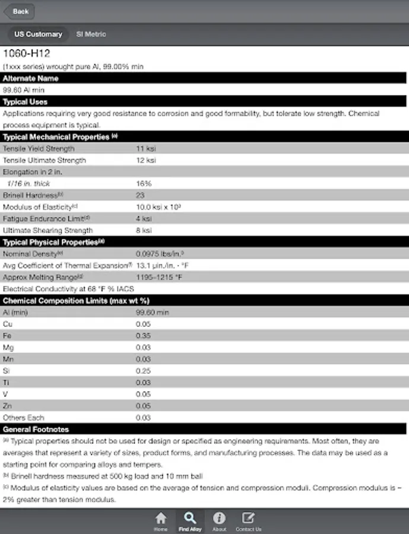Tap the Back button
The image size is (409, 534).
point(20,11)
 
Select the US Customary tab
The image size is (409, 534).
point(38,34)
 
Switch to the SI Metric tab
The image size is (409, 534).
point(91,34)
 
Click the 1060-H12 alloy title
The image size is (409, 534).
point(27,53)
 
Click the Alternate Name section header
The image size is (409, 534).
point(31,78)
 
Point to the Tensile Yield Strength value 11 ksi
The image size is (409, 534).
point(145,148)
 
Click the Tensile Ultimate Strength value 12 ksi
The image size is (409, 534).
point(145,160)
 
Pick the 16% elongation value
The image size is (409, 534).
point(143,183)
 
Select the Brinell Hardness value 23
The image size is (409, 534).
point(140,195)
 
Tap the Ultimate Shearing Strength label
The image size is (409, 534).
point(47,230)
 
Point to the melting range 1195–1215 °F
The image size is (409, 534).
point(159,277)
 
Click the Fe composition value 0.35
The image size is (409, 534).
point(143,335)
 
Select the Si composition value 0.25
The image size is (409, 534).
point(143,370)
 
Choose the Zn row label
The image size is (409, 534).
point(7,405)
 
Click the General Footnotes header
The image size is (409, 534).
point(36,429)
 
